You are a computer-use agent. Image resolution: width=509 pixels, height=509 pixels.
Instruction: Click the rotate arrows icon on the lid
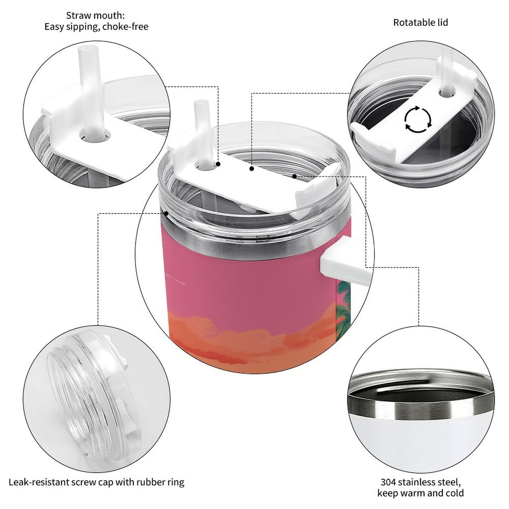(x=417, y=119)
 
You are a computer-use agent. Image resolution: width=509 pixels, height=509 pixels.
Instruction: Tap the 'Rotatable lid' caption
(x=420, y=23)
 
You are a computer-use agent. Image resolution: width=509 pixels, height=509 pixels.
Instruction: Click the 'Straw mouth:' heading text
(x=95, y=15)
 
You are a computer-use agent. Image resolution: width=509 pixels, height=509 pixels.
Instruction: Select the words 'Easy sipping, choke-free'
(x=96, y=27)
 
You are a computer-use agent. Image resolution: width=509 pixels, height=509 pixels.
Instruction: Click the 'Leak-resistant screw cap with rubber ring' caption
(x=96, y=482)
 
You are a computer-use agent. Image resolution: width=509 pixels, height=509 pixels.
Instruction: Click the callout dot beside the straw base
(x=218, y=164)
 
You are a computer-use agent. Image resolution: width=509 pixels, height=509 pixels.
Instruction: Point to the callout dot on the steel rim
(x=166, y=213)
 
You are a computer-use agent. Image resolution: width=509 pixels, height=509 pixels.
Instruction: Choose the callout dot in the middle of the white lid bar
(x=252, y=169)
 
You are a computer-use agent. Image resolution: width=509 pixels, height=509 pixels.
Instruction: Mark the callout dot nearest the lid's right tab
(x=294, y=175)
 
